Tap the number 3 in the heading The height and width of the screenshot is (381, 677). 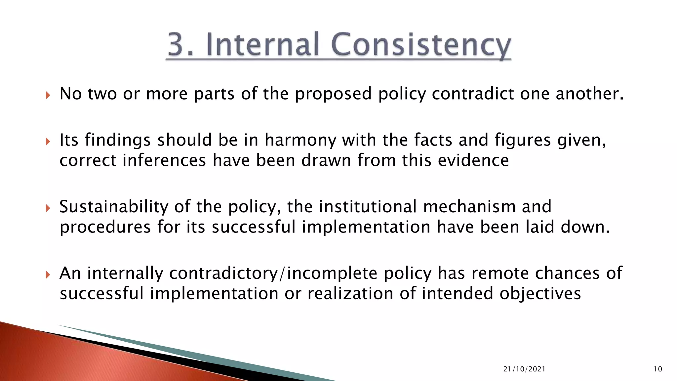point(176,44)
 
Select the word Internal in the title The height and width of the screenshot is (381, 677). point(263,44)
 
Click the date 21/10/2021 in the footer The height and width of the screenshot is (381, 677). point(524,369)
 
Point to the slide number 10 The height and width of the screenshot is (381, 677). point(658,369)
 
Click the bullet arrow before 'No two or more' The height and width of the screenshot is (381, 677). point(48,96)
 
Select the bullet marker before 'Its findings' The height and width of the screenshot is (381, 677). point(48,142)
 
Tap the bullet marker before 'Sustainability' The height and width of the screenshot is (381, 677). point(48,208)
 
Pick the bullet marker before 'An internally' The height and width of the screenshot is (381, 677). point(48,275)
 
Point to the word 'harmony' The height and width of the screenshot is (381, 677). point(300,140)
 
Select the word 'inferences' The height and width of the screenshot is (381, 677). point(164,160)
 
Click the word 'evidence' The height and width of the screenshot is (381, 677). point(473,160)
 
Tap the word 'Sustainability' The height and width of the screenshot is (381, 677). point(114,207)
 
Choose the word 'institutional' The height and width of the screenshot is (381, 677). point(367,207)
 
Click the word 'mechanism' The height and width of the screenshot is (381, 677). point(469,207)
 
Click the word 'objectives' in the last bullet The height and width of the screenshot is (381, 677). point(540,294)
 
